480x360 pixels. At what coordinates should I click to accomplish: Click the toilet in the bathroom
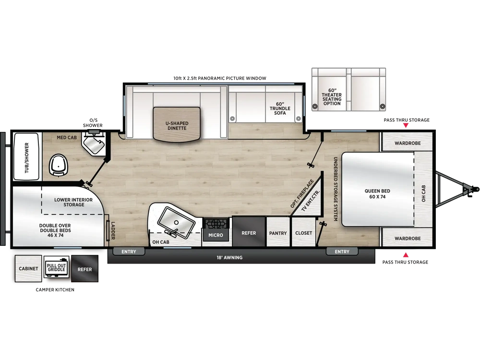(x=59, y=165)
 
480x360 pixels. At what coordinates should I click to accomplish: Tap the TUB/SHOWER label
(x=26, y=157)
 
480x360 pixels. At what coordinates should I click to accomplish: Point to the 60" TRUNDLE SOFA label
(x=280, y=108)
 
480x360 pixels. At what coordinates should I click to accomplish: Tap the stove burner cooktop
(x=216, y=224)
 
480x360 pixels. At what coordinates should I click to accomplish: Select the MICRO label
(x=216, y=235)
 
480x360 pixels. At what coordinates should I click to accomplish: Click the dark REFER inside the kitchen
(x=249, y=231)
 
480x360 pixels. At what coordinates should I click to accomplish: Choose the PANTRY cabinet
(x=278, y=232)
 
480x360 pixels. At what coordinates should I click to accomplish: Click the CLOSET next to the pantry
(x=304, y=232)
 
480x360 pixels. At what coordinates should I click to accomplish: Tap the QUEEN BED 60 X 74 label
(x=377, y=194)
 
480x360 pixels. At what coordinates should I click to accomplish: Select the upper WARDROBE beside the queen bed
(x=408, y=143)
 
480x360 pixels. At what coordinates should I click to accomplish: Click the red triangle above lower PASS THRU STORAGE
(x=406, y=255)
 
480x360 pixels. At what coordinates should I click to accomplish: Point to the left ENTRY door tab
(x=129, y=252)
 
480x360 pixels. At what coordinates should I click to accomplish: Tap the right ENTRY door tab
(x=342, y=252)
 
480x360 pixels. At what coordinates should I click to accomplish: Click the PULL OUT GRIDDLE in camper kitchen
(x=56, y=267)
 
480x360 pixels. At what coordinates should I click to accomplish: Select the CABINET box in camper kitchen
(x=28, y=268)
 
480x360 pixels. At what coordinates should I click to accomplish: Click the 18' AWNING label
(x=229, y=258)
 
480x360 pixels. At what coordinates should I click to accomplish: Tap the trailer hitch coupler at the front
(x=473, y=189)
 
